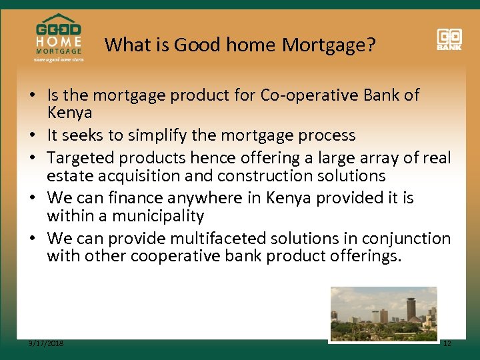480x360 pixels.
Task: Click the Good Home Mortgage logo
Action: click(59, 39)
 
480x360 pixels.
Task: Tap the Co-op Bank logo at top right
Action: click(449, 39)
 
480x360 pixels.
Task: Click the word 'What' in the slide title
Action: click(123, 45)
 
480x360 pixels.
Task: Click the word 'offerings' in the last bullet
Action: click(365, 257)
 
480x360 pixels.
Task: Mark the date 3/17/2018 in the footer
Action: click(46, 343)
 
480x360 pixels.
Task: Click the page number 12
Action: click(447, 343)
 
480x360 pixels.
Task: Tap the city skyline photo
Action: click(384, 314)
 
